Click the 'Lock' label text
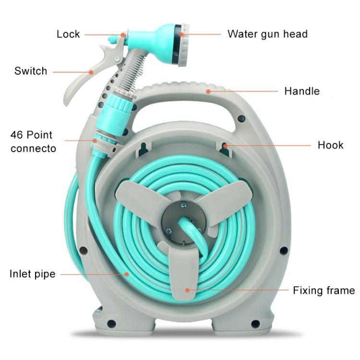click(68, 34)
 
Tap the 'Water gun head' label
click(267, 34)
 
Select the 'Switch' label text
click(31, 71)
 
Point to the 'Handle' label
click(302, 91)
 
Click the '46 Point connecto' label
click(33, 142)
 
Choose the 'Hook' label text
click(330, 145)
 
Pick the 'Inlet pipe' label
click(33, 274)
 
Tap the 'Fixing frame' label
click(324, 290)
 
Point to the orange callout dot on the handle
click(208, 91)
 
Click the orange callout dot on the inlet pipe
click(127, 274)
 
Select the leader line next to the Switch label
click(72, 72)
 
